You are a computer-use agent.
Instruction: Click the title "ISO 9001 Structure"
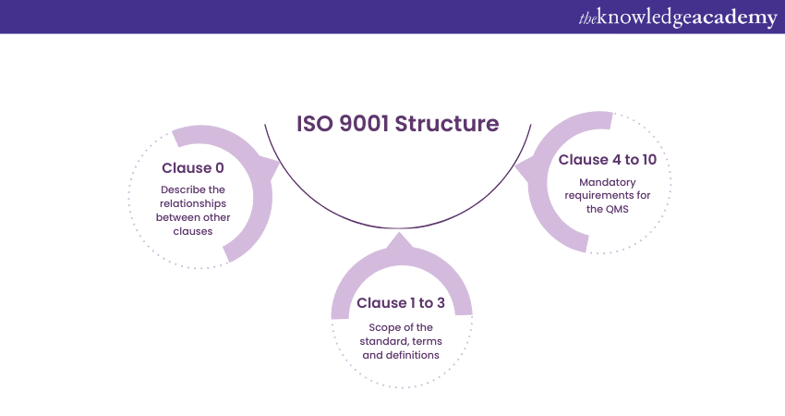pyautogui.click(x=397, y=123)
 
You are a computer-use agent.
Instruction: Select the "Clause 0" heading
pyautogui.click(x=193, y=167)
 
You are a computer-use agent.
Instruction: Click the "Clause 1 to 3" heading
pyautogui.click(x=401, y=303)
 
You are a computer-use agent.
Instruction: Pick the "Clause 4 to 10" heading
pyautogui.click(x=608, y=160)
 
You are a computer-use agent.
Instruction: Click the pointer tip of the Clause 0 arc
pyautogui.click(x=279, y=166)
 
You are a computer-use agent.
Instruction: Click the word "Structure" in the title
pyautogui.click(x=447, y=123)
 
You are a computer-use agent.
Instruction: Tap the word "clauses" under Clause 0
pyautogui.click(x=193, y=231)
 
